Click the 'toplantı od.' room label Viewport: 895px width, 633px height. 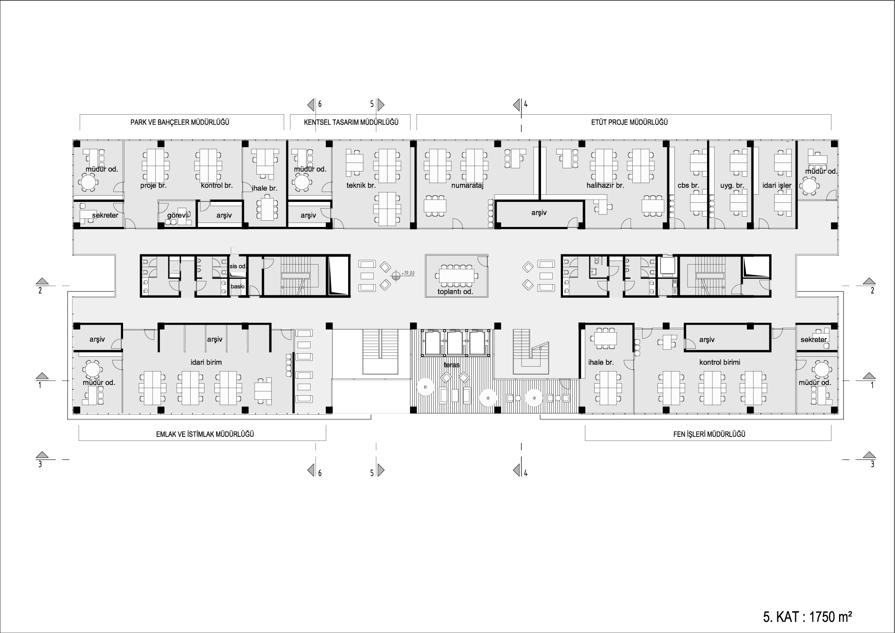click(455, 292)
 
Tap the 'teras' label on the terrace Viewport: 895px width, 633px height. click(452, 365)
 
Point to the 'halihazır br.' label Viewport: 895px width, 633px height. click(605, 185)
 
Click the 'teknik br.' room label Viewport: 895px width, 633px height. click(361, 185)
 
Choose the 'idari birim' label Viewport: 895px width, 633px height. click(206, 362)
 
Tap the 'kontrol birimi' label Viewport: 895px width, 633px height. click(720, 362)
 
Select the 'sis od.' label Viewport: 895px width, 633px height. click(238, 266)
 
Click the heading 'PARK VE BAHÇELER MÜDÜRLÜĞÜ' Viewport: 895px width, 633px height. click(180, 122)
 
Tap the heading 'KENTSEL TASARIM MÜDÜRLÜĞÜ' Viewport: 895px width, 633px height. click(351, 122)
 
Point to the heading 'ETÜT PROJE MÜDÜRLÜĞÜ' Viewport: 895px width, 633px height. click(626, 122)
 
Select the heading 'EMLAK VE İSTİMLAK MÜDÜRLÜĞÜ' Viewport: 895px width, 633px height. click(205, 434)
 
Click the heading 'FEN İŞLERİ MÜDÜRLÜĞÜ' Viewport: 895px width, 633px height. click(709, 434)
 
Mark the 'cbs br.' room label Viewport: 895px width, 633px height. click(688, 185)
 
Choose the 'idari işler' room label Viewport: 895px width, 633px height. click(777, 185)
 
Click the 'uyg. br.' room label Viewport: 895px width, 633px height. click(732, 185)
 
